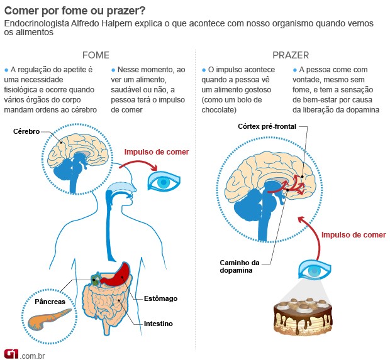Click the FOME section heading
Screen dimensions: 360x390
[x=96, y=55]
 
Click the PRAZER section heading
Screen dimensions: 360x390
[x=290, y=55]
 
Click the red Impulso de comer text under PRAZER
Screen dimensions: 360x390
[x=354, y=235]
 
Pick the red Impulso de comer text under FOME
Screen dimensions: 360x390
[x=156, y=152]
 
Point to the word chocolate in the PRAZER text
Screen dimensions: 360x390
[x=220, y=110]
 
